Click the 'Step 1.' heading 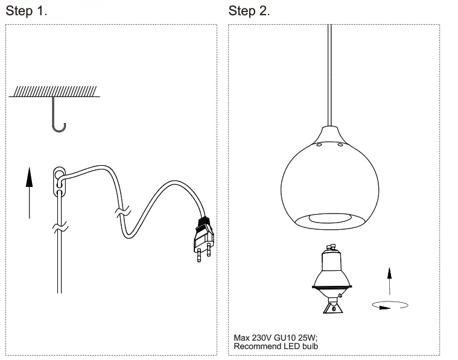pyautogui.click(x=27, y=11)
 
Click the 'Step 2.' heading pyautogui.click(x=249, y=11)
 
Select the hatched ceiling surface pyautogui.click(x=54, y=91)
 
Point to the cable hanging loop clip pyautogui.click(x=59, y=180)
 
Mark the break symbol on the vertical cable pyautogui.click(x=59, y=229)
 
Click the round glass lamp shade pyautogui.click(x=329, y=181)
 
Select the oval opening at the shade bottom pyautogui.click(x=329, y=219)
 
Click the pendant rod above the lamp pyautogui.click(x=329, y=72)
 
